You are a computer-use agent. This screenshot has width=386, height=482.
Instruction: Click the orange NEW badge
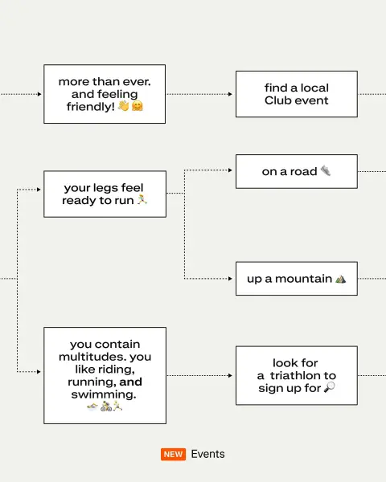(x=173, y=454)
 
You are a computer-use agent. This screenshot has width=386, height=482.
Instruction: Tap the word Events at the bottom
(x=207, y=454)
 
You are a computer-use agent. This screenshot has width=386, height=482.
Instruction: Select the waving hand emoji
(x=124, y=106)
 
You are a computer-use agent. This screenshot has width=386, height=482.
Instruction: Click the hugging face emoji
(x=138, y=106)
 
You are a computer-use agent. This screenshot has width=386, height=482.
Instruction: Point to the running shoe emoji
(x=326, y=170)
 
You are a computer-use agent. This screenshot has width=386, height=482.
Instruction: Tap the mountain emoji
(x=340, y=279)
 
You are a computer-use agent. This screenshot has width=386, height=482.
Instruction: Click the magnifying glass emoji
(x=330, y=387)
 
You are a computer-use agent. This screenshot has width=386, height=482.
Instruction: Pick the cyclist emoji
(x=106, y=406)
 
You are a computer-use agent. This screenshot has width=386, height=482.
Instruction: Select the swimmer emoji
(x=92, y=407)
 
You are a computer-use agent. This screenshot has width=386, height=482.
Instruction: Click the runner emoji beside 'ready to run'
(x=142, y=199)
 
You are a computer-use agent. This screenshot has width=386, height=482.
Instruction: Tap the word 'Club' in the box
(x=277, y=100)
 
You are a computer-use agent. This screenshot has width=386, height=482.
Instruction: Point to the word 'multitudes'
(x=92, y=357)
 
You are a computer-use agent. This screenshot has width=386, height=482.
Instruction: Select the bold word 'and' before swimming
(x=130, y=382)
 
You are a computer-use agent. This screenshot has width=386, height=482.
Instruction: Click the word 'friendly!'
(x=91, y=107)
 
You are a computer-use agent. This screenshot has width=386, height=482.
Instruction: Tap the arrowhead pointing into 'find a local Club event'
(x=230, y=94)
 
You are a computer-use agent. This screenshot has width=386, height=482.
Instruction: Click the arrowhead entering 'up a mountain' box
(x=230, y=279)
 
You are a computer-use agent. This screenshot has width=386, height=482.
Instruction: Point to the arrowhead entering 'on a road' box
(x=230, y=170)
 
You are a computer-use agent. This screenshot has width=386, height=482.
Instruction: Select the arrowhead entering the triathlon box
(x=230, y=375)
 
